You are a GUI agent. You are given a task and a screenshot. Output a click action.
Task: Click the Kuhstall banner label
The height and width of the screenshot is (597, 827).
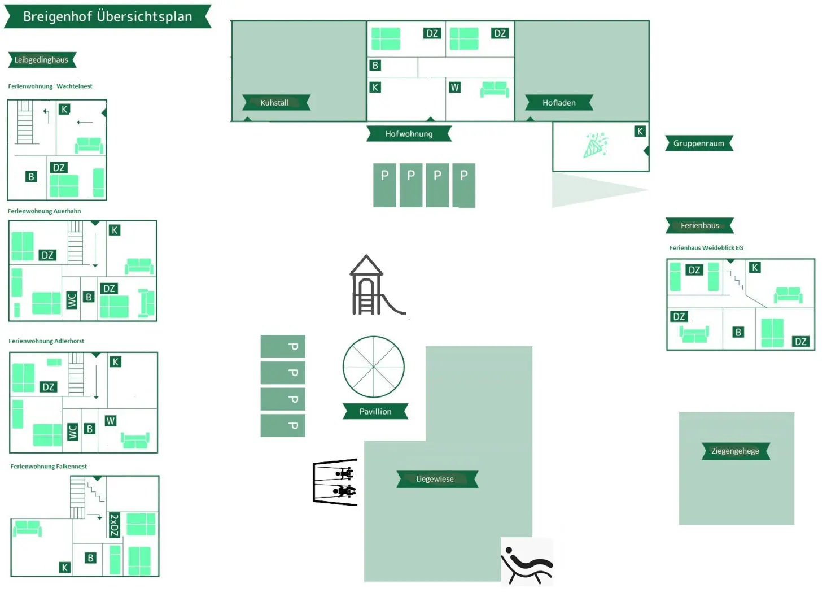tap(276, 103)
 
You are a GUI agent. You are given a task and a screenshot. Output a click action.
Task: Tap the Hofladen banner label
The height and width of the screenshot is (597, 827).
tap(559, 103)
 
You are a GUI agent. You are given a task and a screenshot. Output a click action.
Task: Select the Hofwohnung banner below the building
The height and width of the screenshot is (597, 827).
tap(409, 134)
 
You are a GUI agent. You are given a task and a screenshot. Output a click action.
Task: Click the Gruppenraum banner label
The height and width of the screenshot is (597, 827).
tap(699, 143)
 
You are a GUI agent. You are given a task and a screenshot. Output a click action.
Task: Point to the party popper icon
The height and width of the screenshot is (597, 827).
tap(596, 145)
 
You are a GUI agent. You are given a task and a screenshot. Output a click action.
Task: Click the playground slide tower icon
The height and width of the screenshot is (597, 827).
tap(377, 285)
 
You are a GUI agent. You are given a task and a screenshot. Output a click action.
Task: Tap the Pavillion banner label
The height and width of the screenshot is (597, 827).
tap(375, 412)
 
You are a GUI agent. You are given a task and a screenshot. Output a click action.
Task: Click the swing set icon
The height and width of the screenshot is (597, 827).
tap(335, 482)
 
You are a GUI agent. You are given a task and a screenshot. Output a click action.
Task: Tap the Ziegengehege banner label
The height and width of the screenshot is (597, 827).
tap(736, 451)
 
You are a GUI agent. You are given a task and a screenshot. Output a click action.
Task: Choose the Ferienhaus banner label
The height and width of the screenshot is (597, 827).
tap(699, 225)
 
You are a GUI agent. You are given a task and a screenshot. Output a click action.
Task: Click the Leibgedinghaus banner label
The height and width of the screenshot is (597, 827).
tap(42, 60)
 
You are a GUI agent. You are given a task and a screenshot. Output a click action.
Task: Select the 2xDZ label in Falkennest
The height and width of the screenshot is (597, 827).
tap(115, 525)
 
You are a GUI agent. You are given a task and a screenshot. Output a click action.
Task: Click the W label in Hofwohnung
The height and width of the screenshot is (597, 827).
tap(454, 88)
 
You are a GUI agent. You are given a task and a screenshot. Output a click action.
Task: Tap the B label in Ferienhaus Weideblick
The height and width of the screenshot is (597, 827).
tap(738, 332)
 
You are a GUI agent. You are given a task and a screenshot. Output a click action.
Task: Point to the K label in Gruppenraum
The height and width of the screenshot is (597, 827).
tap(640, 131)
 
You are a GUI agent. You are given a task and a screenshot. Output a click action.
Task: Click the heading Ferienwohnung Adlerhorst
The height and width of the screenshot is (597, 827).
tap(46, 341)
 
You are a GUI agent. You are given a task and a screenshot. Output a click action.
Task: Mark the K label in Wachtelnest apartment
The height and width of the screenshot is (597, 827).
tap(64, 110)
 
